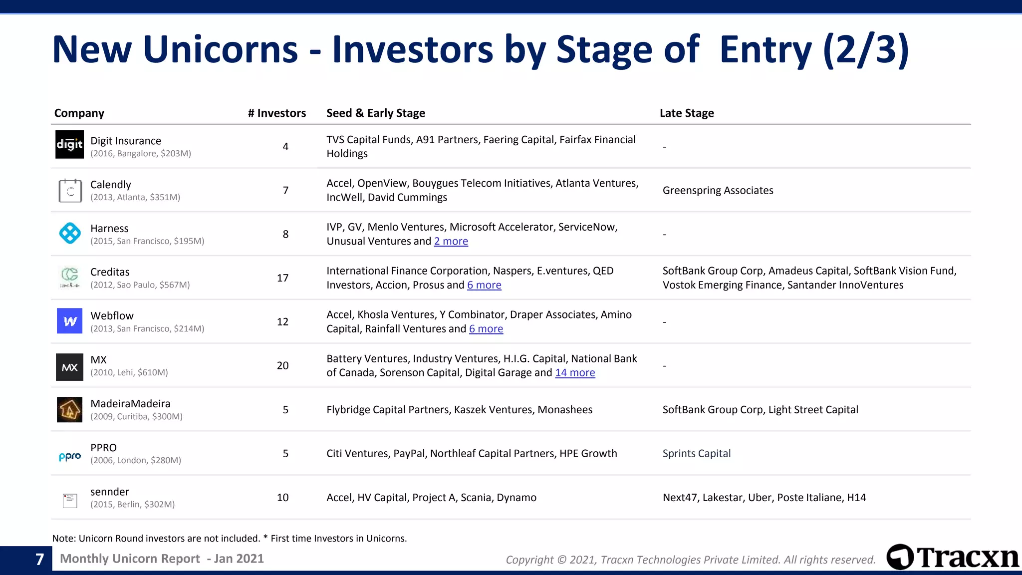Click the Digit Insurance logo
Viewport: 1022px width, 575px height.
[x=69, y=145]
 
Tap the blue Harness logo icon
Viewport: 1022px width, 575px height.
[x=70, y=233]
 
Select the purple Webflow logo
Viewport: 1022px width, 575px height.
[x=70, y=321]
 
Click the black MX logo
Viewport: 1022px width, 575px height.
[x=69, y=367]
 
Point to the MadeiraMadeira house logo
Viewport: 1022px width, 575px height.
[x=69, y=410]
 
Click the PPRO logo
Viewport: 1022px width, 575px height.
[x=70, y=456]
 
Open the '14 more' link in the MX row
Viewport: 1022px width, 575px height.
[x=575, y=373]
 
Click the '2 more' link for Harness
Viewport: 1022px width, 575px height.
[x=451, y=242]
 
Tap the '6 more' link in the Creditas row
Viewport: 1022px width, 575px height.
[x=484, y=285]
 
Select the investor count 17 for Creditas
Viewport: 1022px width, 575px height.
[x=283, y=278]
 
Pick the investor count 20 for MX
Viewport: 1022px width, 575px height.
[x=283, y=366]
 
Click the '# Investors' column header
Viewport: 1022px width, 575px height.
[x=277, y=113]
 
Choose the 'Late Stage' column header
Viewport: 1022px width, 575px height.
[x=687, y=113]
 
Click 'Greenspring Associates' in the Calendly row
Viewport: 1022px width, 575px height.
[x=718, y=191]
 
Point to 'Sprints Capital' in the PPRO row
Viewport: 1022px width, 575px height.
[x=696, y=454]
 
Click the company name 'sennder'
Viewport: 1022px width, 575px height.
[x=110, y=492]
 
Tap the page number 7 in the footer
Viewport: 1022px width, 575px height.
[x=40, y=560]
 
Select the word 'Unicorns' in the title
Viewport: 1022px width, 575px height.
[x=221, y=49]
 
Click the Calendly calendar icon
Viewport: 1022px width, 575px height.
[x=70, y=191]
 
